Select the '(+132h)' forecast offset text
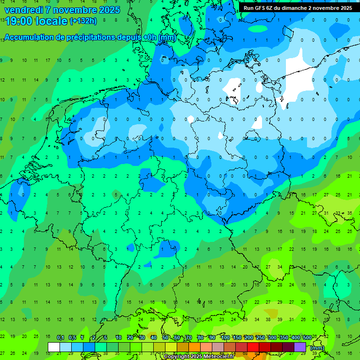pos(83,21)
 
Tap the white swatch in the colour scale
pos(54,347)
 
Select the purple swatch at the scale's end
pos(300,347)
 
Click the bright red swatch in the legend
pos(253,347)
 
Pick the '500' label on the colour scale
pos(307,337)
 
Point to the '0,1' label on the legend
pos(60,337)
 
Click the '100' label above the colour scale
pos(225,337)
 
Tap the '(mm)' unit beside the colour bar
pos(317,348)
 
